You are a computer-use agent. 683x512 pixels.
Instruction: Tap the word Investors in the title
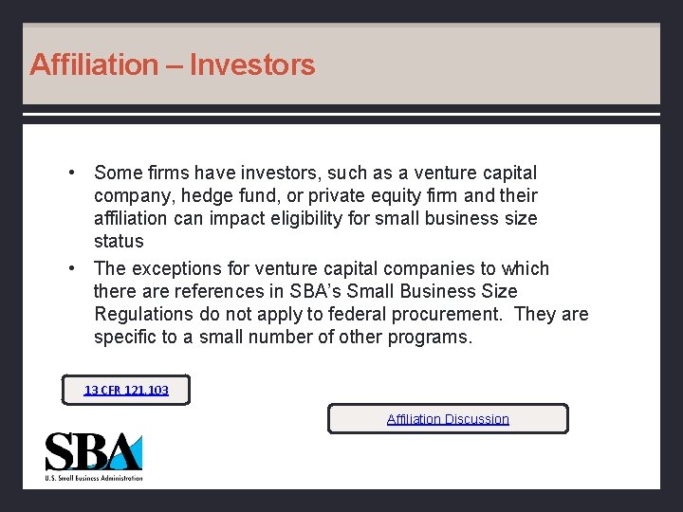252,65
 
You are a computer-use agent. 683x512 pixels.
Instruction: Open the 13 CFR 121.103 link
126,390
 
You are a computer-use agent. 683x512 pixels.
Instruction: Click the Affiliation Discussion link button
448,419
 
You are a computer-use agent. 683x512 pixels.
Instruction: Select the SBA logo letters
93,452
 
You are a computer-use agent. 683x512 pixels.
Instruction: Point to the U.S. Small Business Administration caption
94,478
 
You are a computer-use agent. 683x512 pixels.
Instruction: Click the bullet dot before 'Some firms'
71,174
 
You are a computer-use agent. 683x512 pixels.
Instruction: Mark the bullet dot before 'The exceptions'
71,268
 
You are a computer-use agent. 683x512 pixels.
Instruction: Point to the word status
119,242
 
